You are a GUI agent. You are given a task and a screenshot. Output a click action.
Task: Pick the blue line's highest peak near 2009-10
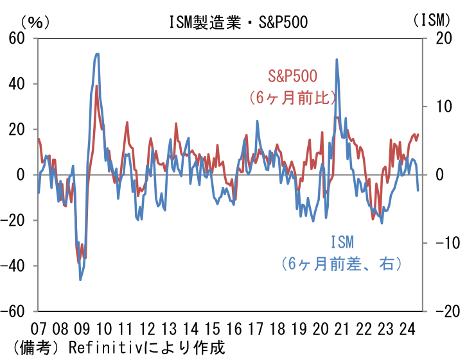[96, 54]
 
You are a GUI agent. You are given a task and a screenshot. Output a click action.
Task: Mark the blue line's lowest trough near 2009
[80, 280]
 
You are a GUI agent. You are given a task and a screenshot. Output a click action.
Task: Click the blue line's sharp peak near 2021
[337, 60]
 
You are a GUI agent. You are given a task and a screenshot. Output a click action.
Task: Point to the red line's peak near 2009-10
[96, 86]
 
